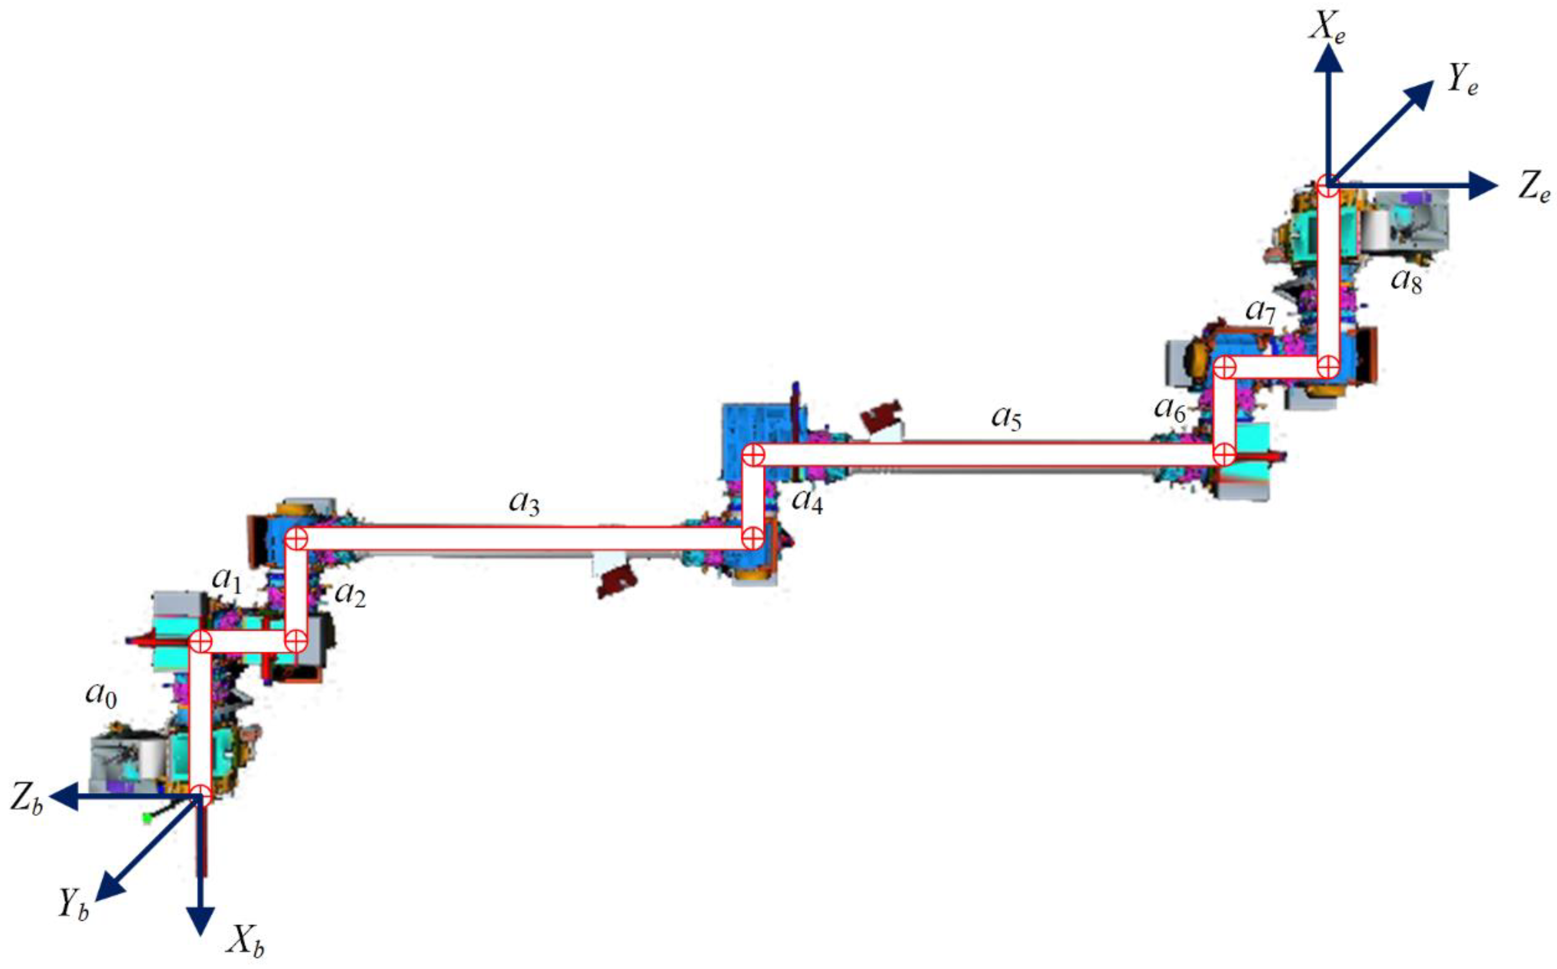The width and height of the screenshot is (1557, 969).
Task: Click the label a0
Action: pos(101,695)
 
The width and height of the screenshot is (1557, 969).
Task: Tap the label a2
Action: pos(350,595)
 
